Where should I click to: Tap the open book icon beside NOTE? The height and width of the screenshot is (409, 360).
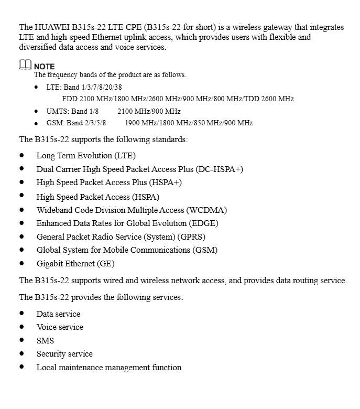pyautogui.click(x=25, y=65)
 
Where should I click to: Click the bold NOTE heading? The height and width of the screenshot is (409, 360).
pyautogui.click(x=45, y=67)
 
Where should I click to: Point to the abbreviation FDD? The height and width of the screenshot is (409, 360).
pyautogui.click(x=70, y=99)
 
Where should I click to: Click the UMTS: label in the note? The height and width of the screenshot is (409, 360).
pyautogui.click(x=58, y=111)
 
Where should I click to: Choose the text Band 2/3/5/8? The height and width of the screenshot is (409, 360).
pyautogui.click(x=86, y=123)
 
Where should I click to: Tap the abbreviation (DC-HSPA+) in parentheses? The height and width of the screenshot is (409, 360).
pyautogui.click(x=219, y=169)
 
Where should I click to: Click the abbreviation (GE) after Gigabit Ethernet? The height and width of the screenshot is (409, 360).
pyautogui.click(x=105, y=263)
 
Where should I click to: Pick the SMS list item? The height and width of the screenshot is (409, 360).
pyautogui.click(x=45, y=340)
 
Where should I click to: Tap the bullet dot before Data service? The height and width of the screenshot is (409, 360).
pyautogui.click(x=22, y=314)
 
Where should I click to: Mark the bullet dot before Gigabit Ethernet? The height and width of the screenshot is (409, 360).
pyautogui.click(x=22, y=263)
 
